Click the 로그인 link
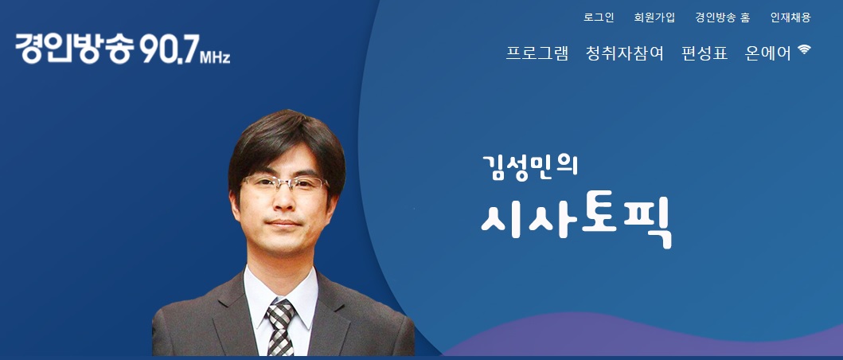599,18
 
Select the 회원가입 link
654,18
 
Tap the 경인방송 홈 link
723,18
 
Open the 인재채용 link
790,18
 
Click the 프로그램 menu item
537,53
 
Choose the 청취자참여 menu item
625,53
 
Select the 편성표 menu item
704,53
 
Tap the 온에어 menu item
767,53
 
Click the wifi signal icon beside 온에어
804,49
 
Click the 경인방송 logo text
75,49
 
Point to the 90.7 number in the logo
169,49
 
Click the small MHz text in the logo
215,57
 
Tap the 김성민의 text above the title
529,167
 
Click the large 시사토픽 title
576,221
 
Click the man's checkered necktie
281,327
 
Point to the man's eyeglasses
284,185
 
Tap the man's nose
283,202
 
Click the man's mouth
283,223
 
